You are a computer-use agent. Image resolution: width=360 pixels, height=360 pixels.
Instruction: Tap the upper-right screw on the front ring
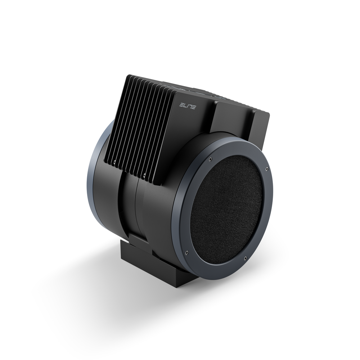click(266, 168)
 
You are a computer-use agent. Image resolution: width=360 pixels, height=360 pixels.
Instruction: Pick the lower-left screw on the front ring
click(187, 252)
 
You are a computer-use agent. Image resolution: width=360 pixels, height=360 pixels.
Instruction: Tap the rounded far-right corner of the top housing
click(268, 114)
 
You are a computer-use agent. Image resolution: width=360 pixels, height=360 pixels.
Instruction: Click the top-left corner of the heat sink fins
click(129, 77)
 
